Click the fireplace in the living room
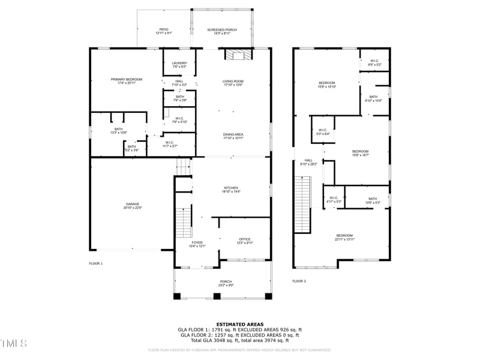coord(236,56)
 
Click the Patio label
coord(164,31)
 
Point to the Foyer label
coord(197,244)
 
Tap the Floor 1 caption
coord(96,263)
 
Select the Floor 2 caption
coord(299,281)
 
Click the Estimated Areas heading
coord(239,324)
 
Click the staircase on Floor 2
coord(302,204)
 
